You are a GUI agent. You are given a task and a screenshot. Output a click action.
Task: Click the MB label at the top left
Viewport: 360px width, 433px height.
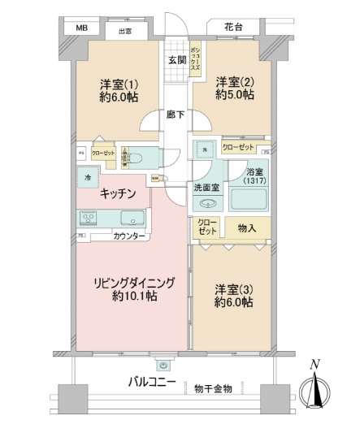[81, 28]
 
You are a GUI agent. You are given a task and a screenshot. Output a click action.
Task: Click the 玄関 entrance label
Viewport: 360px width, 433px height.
[177, 60]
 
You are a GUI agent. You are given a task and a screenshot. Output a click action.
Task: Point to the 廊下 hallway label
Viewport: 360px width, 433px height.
[175, 115]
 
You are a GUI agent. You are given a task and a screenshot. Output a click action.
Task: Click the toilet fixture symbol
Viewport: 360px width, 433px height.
[134, 157]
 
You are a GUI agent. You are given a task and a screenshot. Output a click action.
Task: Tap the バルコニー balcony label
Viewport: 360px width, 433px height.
[152, 380]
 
